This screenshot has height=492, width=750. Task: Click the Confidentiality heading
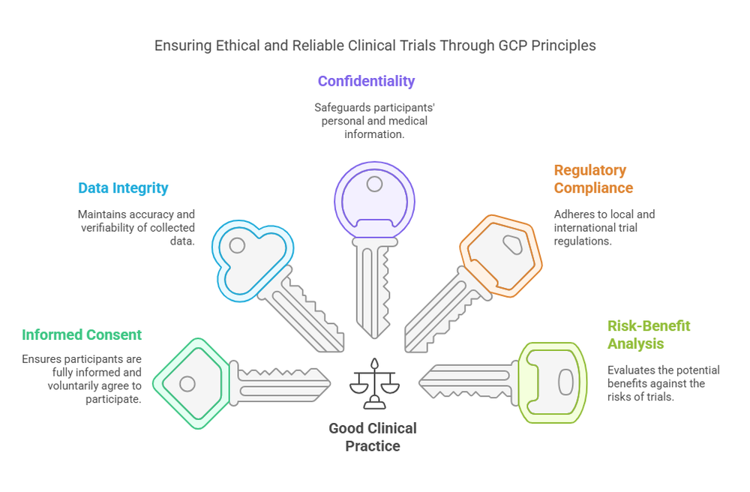click(x=366, y=81)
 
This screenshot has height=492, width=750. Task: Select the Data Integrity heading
click(x=123, y=188)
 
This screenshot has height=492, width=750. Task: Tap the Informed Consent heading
click(x=82, y=334)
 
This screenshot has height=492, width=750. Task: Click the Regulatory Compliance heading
click(x=593, y=179)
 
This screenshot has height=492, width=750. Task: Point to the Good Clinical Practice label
click(x=373, y=437)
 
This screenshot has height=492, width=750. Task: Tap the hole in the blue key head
click(x=237, y=245)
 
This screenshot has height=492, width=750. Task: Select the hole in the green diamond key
click(x=187, y=384)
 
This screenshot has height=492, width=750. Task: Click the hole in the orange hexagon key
click(x=512, y=244)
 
